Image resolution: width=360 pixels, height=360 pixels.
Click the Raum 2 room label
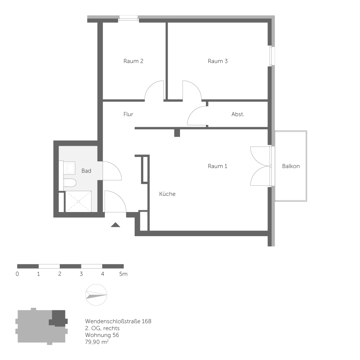coord(133,61)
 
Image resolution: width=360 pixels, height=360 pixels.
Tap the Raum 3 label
coord(217,61)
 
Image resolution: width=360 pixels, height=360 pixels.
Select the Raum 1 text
coord(217,166)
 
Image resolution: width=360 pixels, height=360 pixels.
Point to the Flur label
coord(128,114)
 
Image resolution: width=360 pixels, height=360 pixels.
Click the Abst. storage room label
coord(238,114)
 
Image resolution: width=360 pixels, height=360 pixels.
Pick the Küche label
coord(167,194)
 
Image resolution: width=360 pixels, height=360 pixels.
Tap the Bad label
coord(86,171)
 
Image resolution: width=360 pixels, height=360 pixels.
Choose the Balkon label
coord(291,166)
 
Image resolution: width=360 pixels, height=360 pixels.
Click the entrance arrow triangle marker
coord(115,225)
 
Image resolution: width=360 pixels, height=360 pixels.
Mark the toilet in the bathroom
coord(70,183)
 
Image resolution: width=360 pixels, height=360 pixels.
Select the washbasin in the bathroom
coord(69,168)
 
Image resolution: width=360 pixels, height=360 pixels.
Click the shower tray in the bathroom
coord(78,202)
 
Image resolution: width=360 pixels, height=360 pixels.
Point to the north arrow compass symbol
coord(96,294)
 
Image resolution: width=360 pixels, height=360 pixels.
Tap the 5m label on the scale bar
coord(123,274)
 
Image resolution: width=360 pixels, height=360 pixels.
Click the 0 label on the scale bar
coord(17,274)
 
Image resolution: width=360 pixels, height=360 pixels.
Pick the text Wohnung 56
coord(102,335)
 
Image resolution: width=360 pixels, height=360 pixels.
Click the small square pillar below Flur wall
coord(177,133)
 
